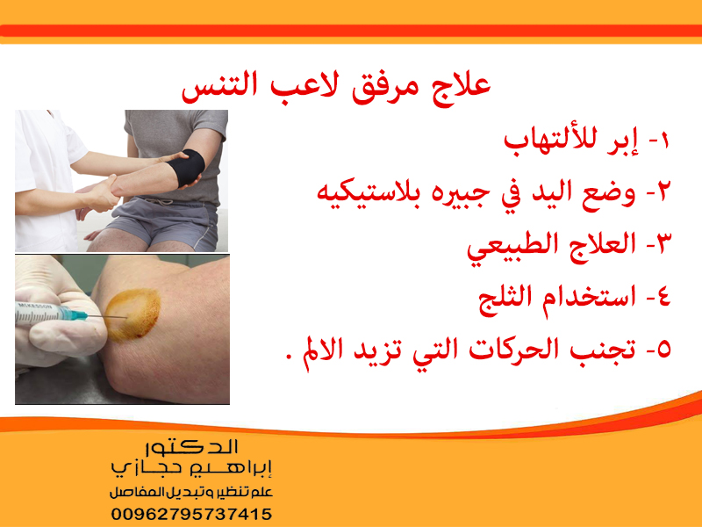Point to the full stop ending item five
click(289, 357)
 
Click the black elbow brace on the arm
click(187, 167)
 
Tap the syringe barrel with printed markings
click(38, 313)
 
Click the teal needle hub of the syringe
click(76, 314)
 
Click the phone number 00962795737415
click(191, 514)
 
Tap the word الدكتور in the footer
click(191, 447)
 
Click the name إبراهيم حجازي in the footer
click(191, 468)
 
